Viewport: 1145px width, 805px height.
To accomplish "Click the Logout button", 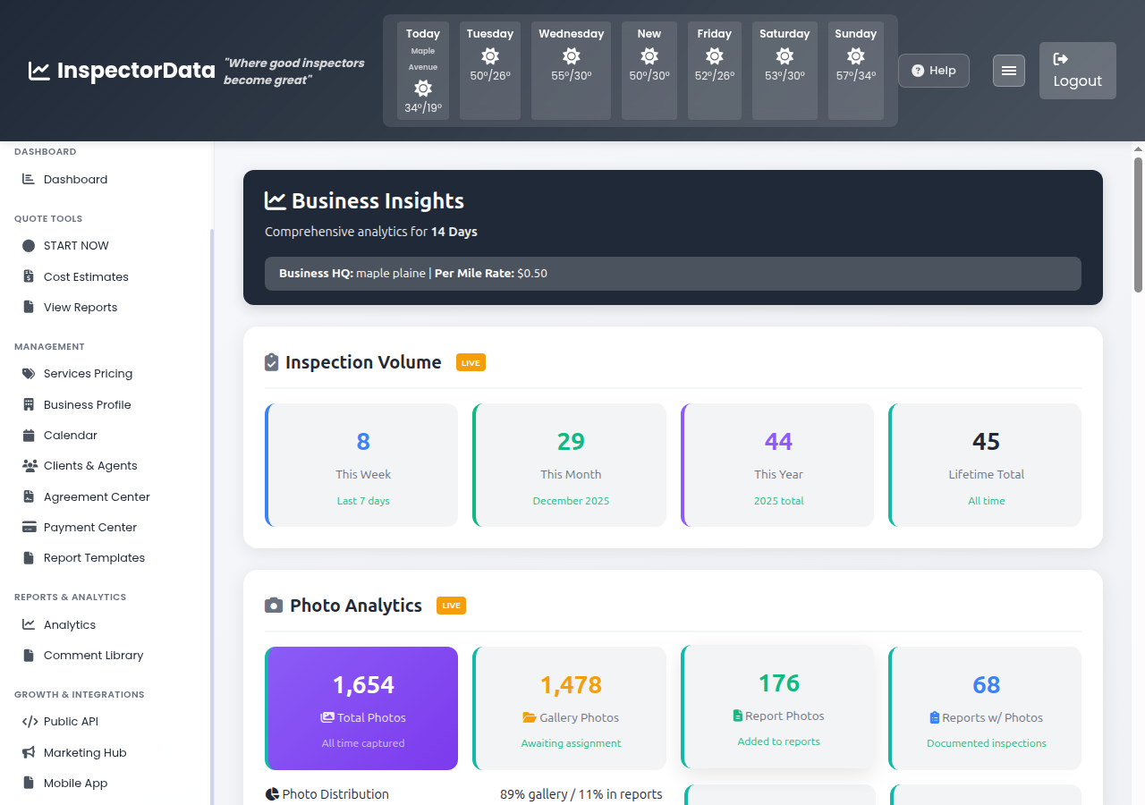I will (x=1077, y=71).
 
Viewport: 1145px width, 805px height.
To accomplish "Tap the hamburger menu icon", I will (x=1008, y=71).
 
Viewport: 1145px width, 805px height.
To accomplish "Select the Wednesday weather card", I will (x=571, y=71).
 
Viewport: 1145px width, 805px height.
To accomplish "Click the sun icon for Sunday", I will (x=855, y=55).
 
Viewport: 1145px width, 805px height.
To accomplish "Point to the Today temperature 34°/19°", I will (x=422, y=108).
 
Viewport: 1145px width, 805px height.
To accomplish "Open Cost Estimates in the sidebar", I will (x=86, y=276).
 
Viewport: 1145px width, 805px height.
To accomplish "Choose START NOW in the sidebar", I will (x=76, y=246).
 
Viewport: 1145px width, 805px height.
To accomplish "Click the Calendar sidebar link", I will (x=70, y=436).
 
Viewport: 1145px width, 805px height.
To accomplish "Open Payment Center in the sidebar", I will (x=89, y=528).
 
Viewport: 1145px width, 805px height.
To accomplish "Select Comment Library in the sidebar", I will (x=93, y=656).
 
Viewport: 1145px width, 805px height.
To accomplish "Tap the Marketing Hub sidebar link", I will (x=85, y=753).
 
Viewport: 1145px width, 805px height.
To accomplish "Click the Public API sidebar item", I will (x=71, y=722).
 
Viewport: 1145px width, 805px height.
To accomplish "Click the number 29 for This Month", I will (x=571, y=442).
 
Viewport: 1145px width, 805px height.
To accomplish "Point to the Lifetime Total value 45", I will (x=986, y=442).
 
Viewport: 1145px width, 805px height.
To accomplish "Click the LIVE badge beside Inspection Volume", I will (x=471, y=362).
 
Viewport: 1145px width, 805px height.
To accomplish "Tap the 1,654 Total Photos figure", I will (x=363, y=685).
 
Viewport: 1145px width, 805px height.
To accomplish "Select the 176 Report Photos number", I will (x=778, y=683).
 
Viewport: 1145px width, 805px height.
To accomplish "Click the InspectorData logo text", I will (x=135, y=71).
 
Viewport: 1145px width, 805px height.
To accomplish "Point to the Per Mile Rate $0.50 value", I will (x=532, y=274).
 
